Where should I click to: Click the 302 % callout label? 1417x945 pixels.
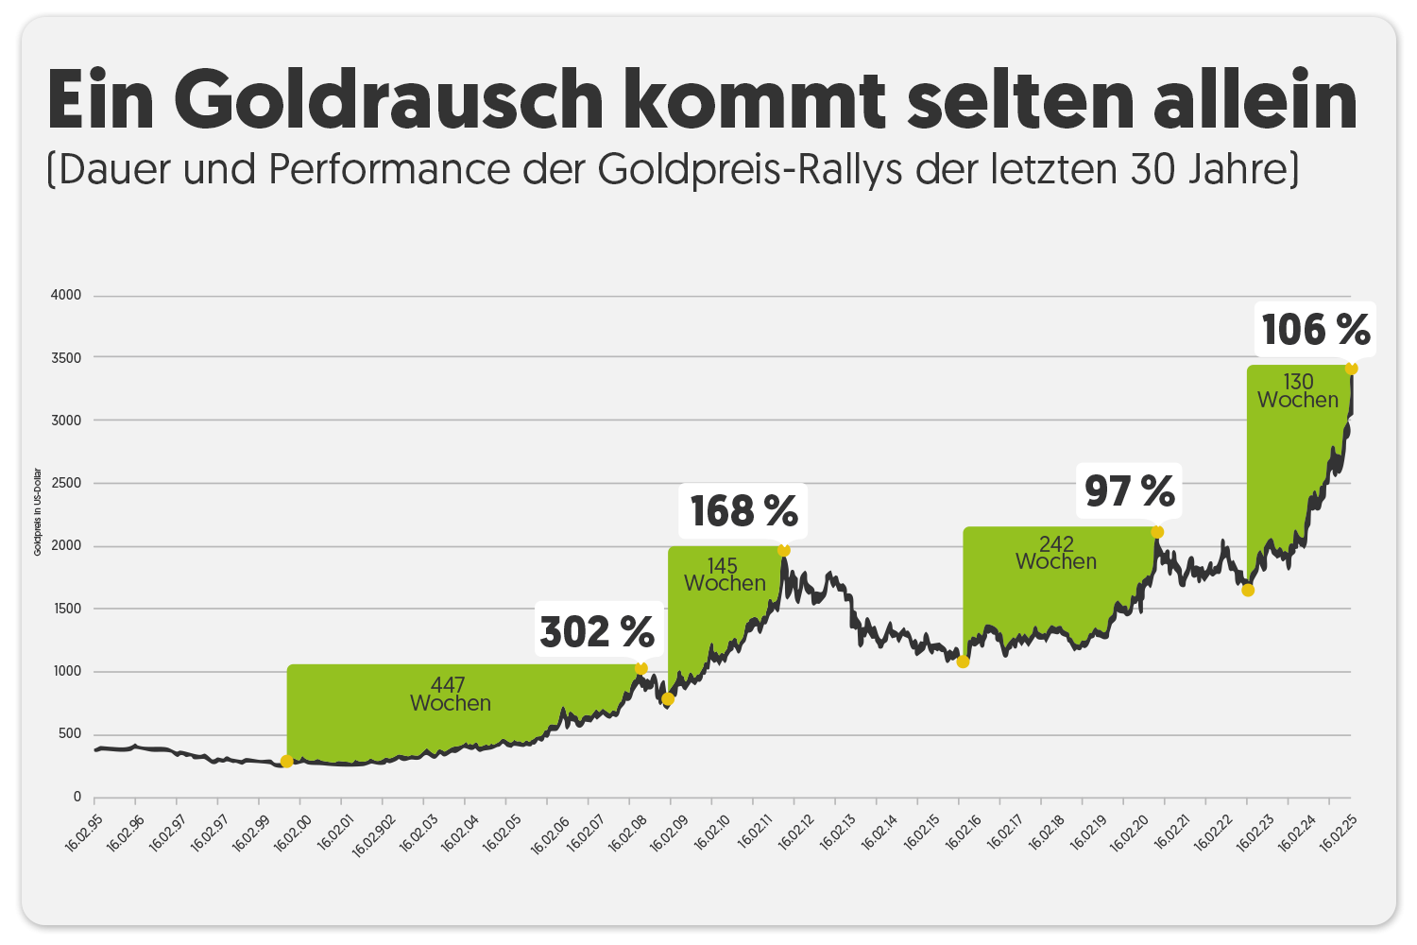[597, 631]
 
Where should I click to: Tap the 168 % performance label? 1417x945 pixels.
[743, 511]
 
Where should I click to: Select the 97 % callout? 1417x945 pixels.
[1129, 491]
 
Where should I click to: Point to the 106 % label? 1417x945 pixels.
[1315, 330]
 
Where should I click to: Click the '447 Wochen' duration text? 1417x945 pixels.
[450, 695]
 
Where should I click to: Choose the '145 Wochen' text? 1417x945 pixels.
[725, 575]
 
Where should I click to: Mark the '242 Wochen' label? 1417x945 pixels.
[1056, 553]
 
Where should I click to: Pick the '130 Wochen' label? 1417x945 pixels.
[1298, 391]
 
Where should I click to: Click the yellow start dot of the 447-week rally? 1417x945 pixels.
[287, 762]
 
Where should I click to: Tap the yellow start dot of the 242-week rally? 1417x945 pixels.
[963, 661]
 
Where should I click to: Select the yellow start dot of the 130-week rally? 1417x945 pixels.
[1248, 591]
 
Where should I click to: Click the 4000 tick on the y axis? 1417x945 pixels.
[66, 295]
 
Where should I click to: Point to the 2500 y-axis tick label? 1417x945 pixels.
[66, 483]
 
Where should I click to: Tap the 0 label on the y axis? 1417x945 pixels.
[77, 797]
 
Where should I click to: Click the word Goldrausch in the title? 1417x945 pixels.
[388, 100]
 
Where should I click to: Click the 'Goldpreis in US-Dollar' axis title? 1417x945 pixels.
[38, 512]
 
